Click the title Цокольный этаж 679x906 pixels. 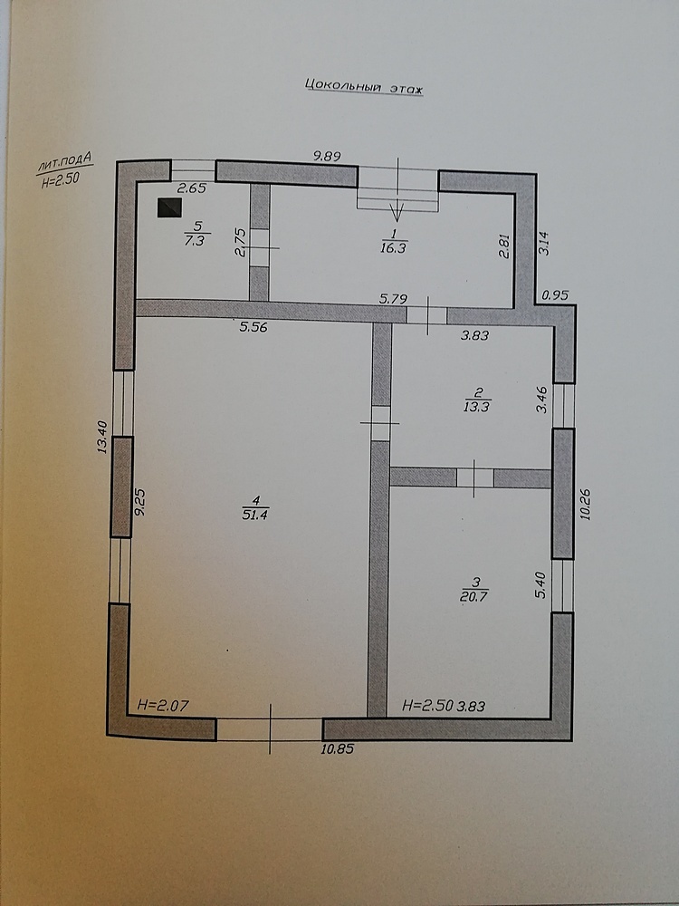[x=364, y=87]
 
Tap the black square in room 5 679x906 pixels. [x=170, y=207]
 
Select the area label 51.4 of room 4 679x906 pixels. [x=255, y=515]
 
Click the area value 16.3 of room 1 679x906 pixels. [x=393, y=248]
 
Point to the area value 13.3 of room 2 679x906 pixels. [x=477, y=407]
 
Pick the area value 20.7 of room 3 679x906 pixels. [x=474, y=596]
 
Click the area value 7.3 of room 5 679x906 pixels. [x=195, y=241]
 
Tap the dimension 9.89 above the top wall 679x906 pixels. [x=327, y=156]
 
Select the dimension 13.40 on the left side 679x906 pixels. [x=103, y=437]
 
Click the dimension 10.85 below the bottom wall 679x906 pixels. [x=337, y=749]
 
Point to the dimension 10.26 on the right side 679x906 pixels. [x=586, y=505]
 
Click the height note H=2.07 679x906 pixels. [x=163, y=705]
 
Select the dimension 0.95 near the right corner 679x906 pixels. [x=555, y=295]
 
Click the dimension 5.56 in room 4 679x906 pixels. [x=253, y=327]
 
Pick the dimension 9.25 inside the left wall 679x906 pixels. [x=139, y=503]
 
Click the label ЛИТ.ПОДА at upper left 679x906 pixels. [x=64, y=162]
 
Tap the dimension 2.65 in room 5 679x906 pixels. [x=191, y=188]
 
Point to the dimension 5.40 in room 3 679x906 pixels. [x=541, y=584]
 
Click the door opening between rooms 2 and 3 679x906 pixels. [x=475, y=477]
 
